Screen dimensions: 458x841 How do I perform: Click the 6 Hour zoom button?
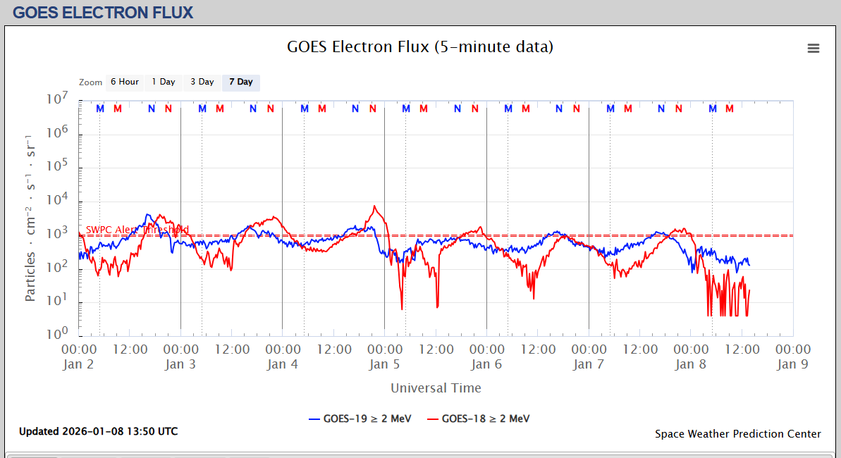tap(124, 82)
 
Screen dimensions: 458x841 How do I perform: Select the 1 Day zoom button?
tap(164, 82)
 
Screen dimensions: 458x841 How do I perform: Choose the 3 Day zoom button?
tap(202, 82)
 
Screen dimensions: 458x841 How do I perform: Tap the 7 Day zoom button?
tap(240, 82)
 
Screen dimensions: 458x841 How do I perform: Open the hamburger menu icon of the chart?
tap(814, 48)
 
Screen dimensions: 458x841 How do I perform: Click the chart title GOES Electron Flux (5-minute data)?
tap(420, 47)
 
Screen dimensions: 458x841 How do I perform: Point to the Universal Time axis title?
tap(436, 388)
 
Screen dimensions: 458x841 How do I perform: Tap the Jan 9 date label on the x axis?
tap(792, 364)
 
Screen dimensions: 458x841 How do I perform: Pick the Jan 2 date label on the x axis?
tap(78, 364)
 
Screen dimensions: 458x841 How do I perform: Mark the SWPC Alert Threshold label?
tap(137, 230)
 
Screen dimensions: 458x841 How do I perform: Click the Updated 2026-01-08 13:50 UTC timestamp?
tap(98, 431)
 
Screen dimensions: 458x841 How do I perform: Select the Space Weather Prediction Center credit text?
tap(737, 434)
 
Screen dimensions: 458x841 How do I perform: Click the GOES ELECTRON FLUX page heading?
tap(103, 12)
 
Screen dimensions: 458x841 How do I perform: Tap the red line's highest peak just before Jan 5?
tap(374, 206)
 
